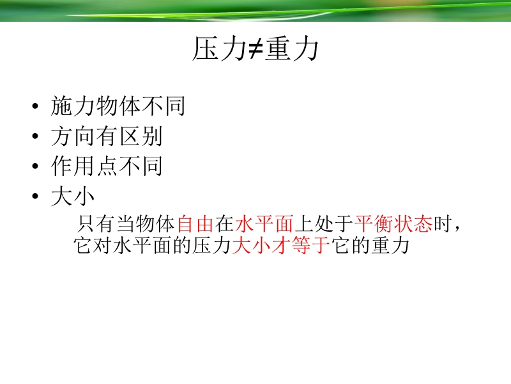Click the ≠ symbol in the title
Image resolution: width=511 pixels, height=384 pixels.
256,49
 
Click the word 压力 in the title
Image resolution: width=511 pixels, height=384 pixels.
220,49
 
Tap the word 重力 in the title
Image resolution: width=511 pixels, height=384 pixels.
292,49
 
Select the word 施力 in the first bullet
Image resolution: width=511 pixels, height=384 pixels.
73,106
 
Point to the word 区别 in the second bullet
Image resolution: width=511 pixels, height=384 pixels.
141,136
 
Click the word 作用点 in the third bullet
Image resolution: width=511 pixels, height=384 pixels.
85,166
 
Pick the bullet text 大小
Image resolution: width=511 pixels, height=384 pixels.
73,196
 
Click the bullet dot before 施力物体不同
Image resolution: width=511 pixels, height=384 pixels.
35,106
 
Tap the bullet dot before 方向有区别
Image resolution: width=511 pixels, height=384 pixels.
35,136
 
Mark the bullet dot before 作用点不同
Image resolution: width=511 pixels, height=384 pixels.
35,166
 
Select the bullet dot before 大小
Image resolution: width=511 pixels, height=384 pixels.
35,196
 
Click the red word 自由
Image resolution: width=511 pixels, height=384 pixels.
195,224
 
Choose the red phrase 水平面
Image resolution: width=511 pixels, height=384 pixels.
264,224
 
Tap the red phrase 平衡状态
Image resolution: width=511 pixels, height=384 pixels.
393,224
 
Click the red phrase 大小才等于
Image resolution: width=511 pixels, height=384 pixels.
281,246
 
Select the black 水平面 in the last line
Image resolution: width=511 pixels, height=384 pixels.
142,246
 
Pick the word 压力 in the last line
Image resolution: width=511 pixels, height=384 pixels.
212,246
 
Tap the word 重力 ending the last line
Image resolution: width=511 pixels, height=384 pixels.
390,246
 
